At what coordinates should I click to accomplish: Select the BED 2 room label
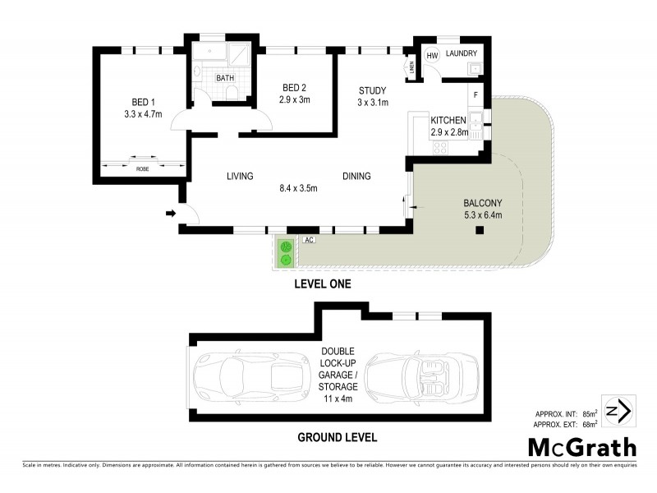click(294, 88)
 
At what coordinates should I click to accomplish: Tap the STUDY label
click(372, 90)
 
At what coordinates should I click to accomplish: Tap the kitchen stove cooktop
click(439, 149)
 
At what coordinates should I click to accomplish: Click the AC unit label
click(309, 240)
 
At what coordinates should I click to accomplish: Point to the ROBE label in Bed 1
click(143, 168)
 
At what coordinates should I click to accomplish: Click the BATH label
click(224, 78)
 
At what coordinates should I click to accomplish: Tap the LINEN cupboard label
click(410, 68)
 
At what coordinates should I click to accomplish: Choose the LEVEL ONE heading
click(323, 284)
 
